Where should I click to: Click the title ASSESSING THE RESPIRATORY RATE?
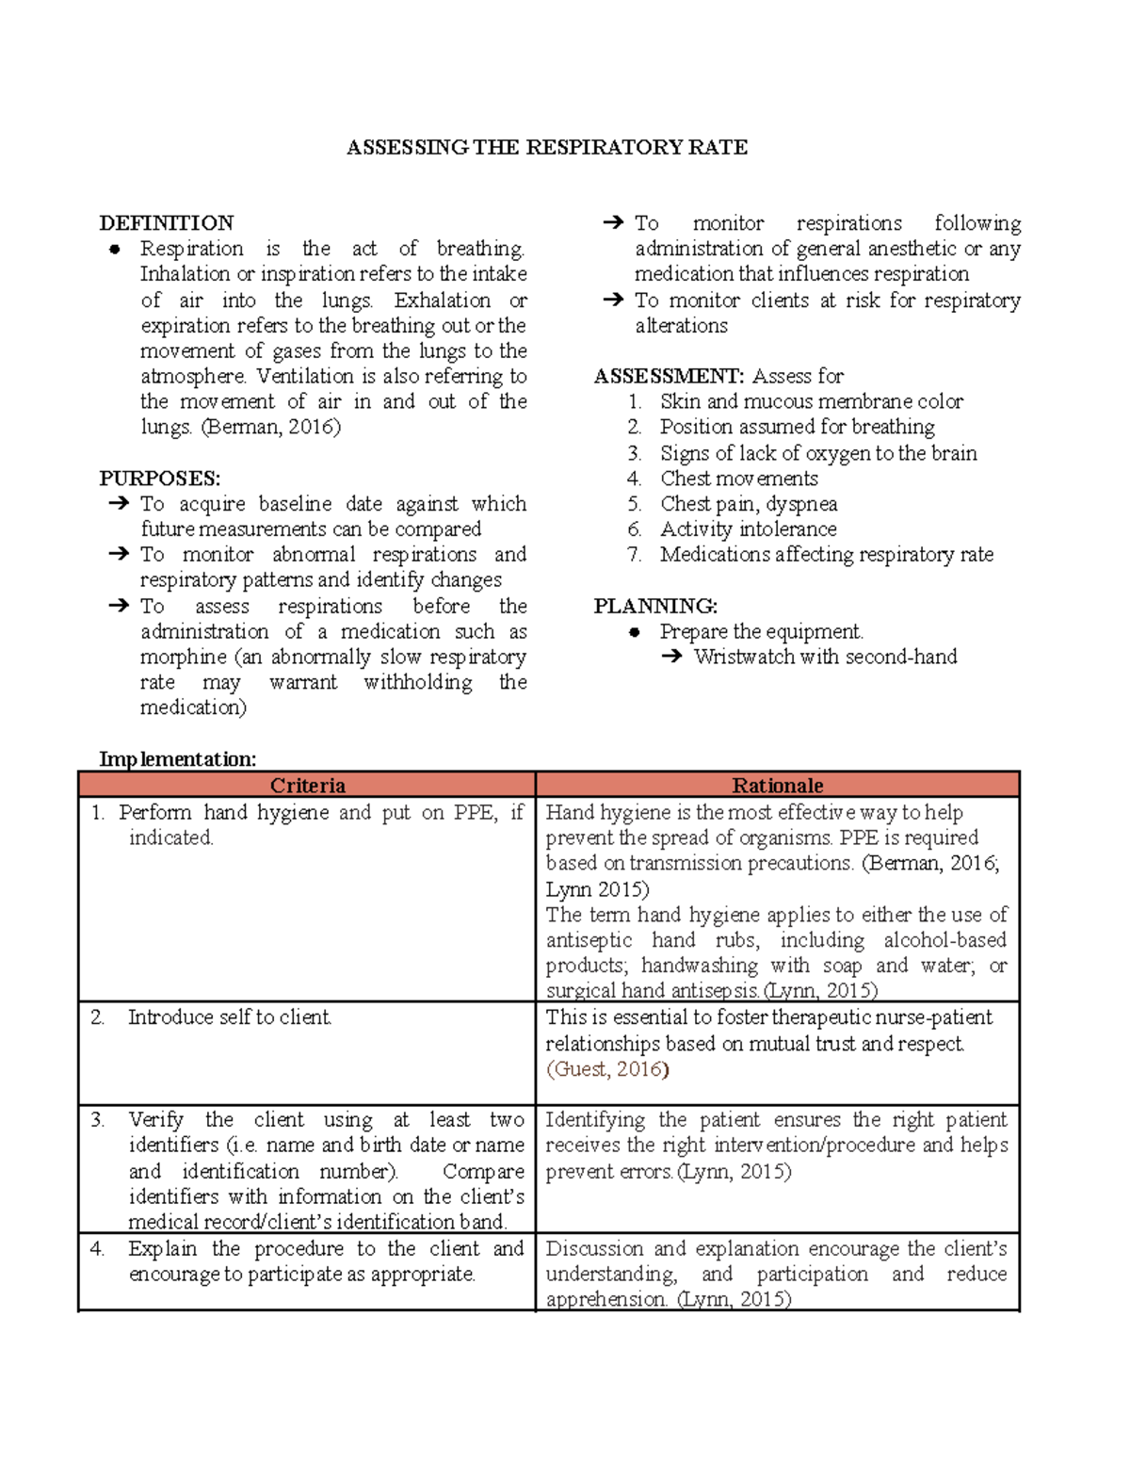click(x=547, y=147)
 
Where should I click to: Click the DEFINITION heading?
click(x=167, y=223)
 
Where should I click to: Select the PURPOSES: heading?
click(x=160, y=479)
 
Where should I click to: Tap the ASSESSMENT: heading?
click(x=669, y=376)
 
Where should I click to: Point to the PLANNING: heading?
click(x=655, y=606)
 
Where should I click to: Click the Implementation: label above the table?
click(x=178, y=759)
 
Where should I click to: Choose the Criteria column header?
click(x=308, y=786)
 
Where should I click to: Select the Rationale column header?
click(x=778, y=786)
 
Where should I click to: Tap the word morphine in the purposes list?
click(x=184, y=657)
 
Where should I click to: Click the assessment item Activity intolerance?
click(x=748, y=529)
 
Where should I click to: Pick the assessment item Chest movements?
click(x=738, y=479)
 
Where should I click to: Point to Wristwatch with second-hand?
click(x=825, y=657)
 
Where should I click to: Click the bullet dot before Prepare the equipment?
click(x=636, y=632)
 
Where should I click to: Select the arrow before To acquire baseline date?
click(x=119, y=504)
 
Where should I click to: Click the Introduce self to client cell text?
click(x=230, y=1017)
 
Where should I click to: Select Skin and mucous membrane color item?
click(x=811, y=401)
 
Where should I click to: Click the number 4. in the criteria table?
click(x=97, y=1249)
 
